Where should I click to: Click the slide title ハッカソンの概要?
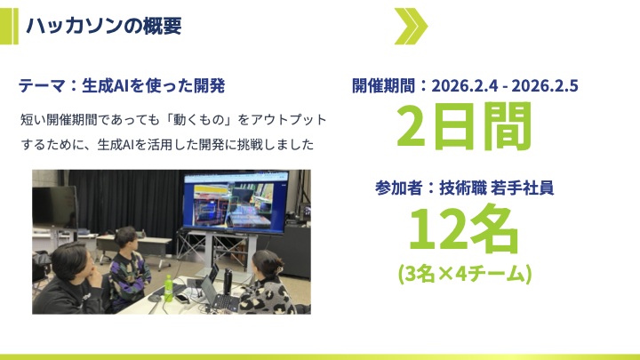(104, 26)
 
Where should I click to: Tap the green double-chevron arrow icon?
(411, 26)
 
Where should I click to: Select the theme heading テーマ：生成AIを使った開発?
(122, 85)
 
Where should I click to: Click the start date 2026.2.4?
(465, 85)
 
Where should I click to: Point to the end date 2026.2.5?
(545, 85)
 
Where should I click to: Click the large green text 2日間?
(464, 126)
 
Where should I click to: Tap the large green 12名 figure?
(464, 230)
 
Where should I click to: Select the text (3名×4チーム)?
(465, 274)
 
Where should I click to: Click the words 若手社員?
(522, 188)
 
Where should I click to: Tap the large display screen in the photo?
(235, 204)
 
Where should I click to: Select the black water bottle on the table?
(228, 282)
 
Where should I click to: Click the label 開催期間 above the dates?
(383, 85)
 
